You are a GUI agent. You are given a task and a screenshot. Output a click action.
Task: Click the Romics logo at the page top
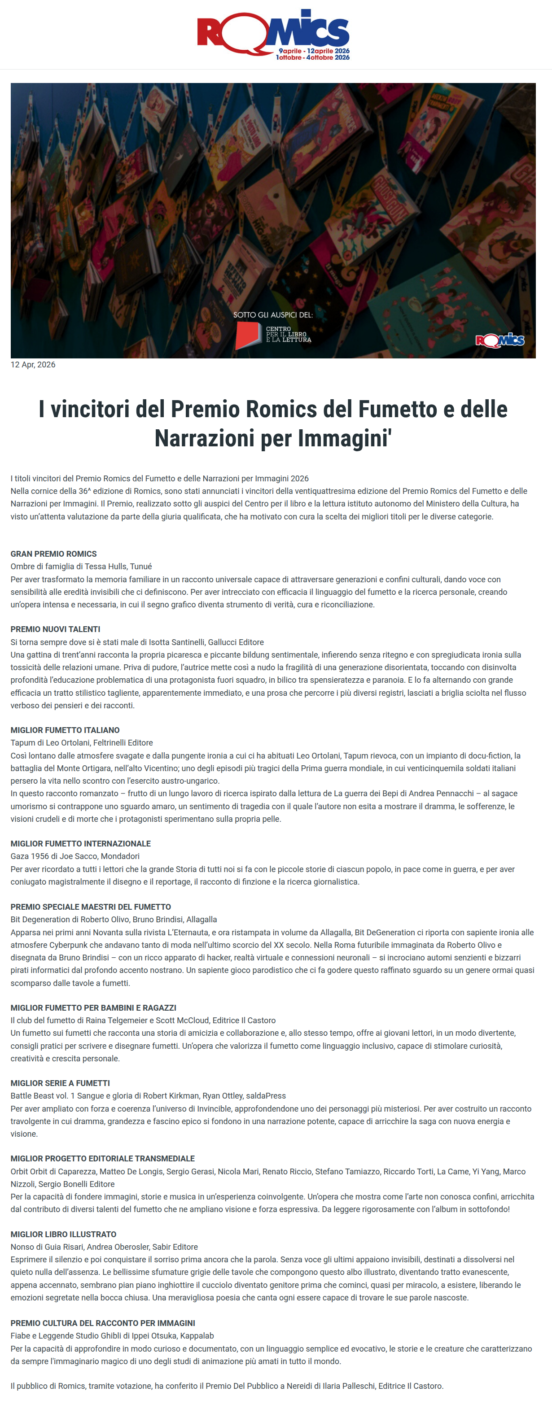(x=273, y=34)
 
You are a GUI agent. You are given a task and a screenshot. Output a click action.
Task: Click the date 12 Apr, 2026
(x=33, y=365)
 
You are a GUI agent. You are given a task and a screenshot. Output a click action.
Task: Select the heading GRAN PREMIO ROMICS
(x=53, y=554)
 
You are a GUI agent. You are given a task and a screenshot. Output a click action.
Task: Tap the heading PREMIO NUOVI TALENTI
(x=55, y=629)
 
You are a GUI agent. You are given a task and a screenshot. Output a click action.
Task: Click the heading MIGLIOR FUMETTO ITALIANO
(x=65, y=730)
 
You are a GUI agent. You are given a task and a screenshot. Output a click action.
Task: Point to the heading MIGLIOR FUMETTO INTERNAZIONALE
(x=81, y=843)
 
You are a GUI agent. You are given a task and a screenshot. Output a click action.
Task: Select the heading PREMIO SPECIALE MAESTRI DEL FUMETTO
(x=91, y=907)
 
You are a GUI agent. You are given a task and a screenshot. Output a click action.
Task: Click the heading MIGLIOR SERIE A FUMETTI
(x=60, y=1083)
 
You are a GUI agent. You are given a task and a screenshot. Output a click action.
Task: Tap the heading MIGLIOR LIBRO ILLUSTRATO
(x=63, y=1234)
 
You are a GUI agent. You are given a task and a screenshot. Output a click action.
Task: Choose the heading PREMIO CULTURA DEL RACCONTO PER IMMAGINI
(x=103, y=1323)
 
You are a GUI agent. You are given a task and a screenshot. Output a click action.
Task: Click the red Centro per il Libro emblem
(x=248, y=335)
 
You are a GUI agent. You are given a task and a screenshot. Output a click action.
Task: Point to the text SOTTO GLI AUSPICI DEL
(x=273, y=314)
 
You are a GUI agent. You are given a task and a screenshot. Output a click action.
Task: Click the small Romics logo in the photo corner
(x=499, y=340)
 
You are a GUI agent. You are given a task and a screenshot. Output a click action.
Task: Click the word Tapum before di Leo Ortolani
(x=22, y=743)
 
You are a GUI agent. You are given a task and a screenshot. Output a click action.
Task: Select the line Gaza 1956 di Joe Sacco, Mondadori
(x=75, y=856)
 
